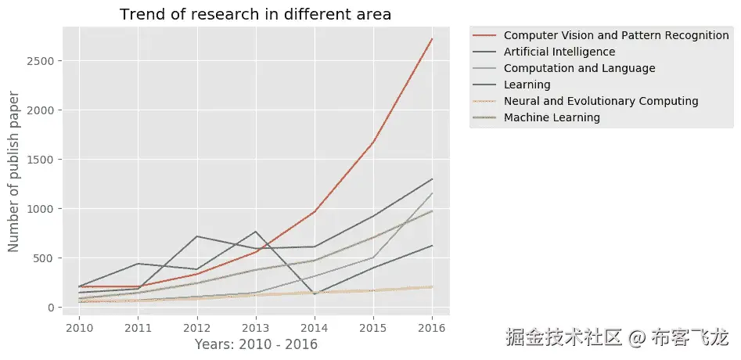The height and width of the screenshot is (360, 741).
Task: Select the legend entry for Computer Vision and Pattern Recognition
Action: point(617,35)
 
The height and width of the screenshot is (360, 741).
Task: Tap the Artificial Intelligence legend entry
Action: point(559,52)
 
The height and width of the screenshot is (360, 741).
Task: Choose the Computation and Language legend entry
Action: point(580,68)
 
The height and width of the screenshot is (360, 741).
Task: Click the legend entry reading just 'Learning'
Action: point(527,85)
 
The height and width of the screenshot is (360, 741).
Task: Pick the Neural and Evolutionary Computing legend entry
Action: point(601,101)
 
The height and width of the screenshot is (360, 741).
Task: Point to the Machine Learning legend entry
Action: point(552,117)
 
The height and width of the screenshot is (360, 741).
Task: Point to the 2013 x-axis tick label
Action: point(255,329)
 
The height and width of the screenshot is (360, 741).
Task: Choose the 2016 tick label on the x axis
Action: point(432,329)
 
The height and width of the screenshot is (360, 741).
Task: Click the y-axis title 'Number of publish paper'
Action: point(14,171)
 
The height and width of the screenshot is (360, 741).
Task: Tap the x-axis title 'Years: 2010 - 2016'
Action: point(255,344)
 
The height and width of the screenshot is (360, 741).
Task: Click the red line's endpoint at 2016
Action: point(432,39)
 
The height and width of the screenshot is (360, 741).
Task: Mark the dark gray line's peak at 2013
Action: point(255,232)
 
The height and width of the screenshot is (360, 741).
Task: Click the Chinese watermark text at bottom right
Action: point(617,338)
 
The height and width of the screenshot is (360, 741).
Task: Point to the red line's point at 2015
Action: point(373,142)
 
